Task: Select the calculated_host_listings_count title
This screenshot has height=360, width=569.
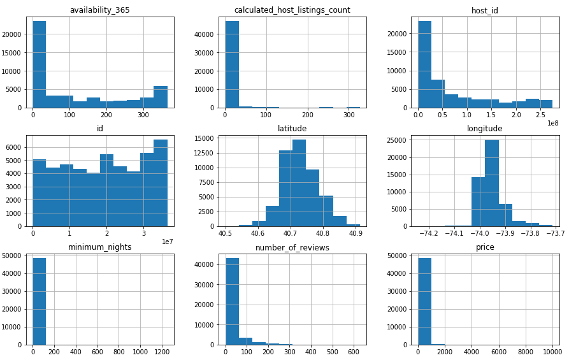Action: click(x=292, y=10)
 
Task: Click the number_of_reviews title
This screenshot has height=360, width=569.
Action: click(x=292, y=247)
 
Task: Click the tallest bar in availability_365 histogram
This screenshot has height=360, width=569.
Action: click(x=39, y=64)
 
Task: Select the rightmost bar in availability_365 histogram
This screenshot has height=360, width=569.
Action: click(x=161, y=97)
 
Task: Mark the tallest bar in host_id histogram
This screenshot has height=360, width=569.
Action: click(x=424, y=64)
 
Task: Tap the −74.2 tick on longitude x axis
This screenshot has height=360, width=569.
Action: click(x=429, y=234)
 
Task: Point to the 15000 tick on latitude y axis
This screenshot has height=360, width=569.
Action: click(x=205, y=138)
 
